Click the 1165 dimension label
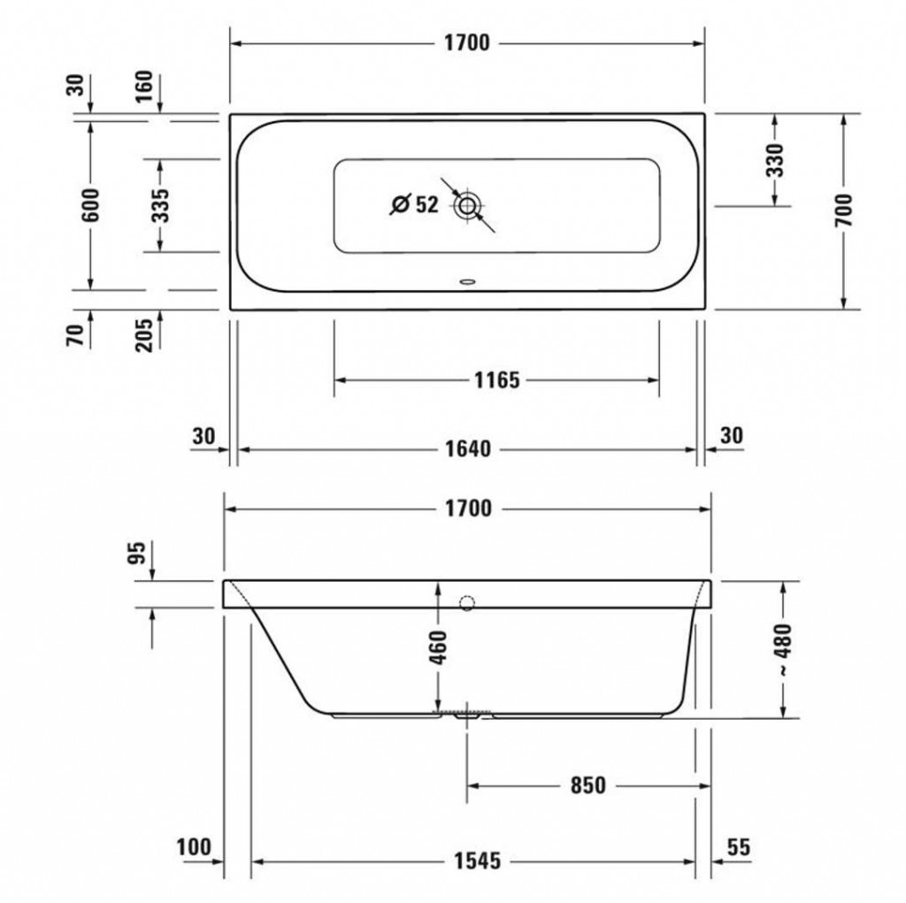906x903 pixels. [x=497, y=380]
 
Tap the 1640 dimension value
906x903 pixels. [x=468, y=448]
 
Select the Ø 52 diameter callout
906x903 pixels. [x=415, y=204]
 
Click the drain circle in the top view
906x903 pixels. [x=467, y=206]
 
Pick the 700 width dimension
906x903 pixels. [x=843, y=210]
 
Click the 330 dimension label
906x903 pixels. [x=775, y=161]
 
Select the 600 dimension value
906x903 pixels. [x=91, y=204]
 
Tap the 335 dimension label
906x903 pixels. [x=160, y=205]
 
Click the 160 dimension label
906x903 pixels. [x=144, y=86]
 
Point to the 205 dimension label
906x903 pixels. [x=144, y=334]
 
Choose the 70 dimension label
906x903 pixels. [x=76, y=335]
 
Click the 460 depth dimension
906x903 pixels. [x=439, y=647]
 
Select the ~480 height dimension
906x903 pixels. [x=783, y=650]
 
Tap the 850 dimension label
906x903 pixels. [x=587, y=785]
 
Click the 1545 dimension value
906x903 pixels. [x=477, y=861]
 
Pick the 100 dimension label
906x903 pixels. [x=194, y=847]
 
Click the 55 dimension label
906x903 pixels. [x=739, y=847]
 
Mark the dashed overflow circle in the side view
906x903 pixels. [x=467, y=603]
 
